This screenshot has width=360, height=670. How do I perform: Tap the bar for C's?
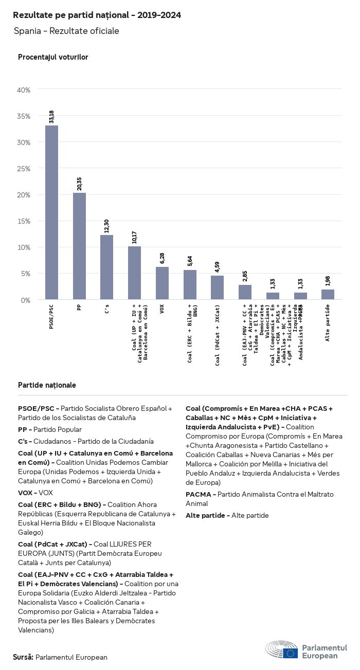click(x=107, y=267)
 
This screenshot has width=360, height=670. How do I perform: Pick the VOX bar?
click(x=162, y=283)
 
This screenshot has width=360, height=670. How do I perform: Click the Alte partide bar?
click(x=328, y=294)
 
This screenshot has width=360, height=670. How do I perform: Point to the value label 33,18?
click(x=51, y=116)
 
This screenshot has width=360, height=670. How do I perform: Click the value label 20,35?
click(x=79, y=184)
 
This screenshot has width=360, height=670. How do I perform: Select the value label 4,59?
click(x=218, y=267)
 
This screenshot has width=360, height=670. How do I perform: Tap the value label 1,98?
click(x=328, y=281)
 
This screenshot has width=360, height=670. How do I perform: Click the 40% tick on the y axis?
click(x=24, y=90)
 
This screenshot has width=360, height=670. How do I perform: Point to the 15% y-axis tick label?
click(x=24, y=221)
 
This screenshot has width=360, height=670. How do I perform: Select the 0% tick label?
click(x=26, y=300)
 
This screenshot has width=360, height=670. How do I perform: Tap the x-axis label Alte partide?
click(x=328, y=322)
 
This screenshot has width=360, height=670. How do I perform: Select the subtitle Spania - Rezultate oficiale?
click(x=66, y=31)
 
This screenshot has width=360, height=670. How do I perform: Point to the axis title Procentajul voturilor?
click(x=53, y=57)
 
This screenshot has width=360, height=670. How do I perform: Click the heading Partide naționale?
click(x=47, y=385)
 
